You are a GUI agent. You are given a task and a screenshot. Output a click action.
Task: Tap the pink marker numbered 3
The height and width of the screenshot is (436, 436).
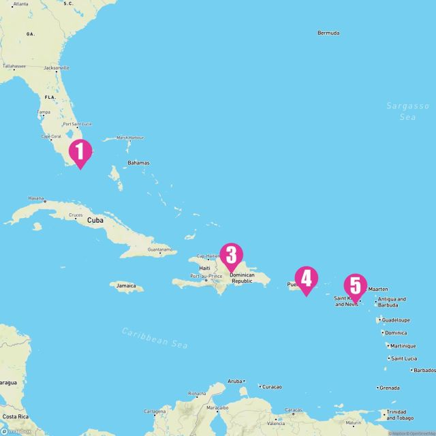coord(231,256)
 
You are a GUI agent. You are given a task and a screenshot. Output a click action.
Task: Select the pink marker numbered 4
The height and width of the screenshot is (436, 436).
coord(306,279)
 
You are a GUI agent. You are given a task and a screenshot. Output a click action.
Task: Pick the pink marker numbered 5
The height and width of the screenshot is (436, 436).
coord(355,286)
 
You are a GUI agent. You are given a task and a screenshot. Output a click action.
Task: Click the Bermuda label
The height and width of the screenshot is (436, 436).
coord(329,33)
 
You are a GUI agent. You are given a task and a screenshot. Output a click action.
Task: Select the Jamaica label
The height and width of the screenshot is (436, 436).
coord(126,286)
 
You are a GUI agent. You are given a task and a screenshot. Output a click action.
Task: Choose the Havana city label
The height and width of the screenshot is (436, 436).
coord(36,198)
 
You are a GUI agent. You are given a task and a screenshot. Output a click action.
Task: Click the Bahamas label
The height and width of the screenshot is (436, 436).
coord(138,163)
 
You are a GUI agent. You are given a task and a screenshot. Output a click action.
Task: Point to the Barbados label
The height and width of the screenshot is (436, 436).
coord(423,370)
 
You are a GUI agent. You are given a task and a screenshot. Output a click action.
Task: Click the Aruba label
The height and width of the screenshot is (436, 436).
coord(235,381)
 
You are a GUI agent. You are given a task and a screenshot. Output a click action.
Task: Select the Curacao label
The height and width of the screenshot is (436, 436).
coord(271,386)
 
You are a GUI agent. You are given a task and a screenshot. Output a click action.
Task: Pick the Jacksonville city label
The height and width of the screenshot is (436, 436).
coord(56,68)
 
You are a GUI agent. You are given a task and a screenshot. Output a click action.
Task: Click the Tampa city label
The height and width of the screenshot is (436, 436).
coord(44,112)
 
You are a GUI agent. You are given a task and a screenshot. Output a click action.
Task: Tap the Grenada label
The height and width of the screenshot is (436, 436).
coord(390,388)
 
